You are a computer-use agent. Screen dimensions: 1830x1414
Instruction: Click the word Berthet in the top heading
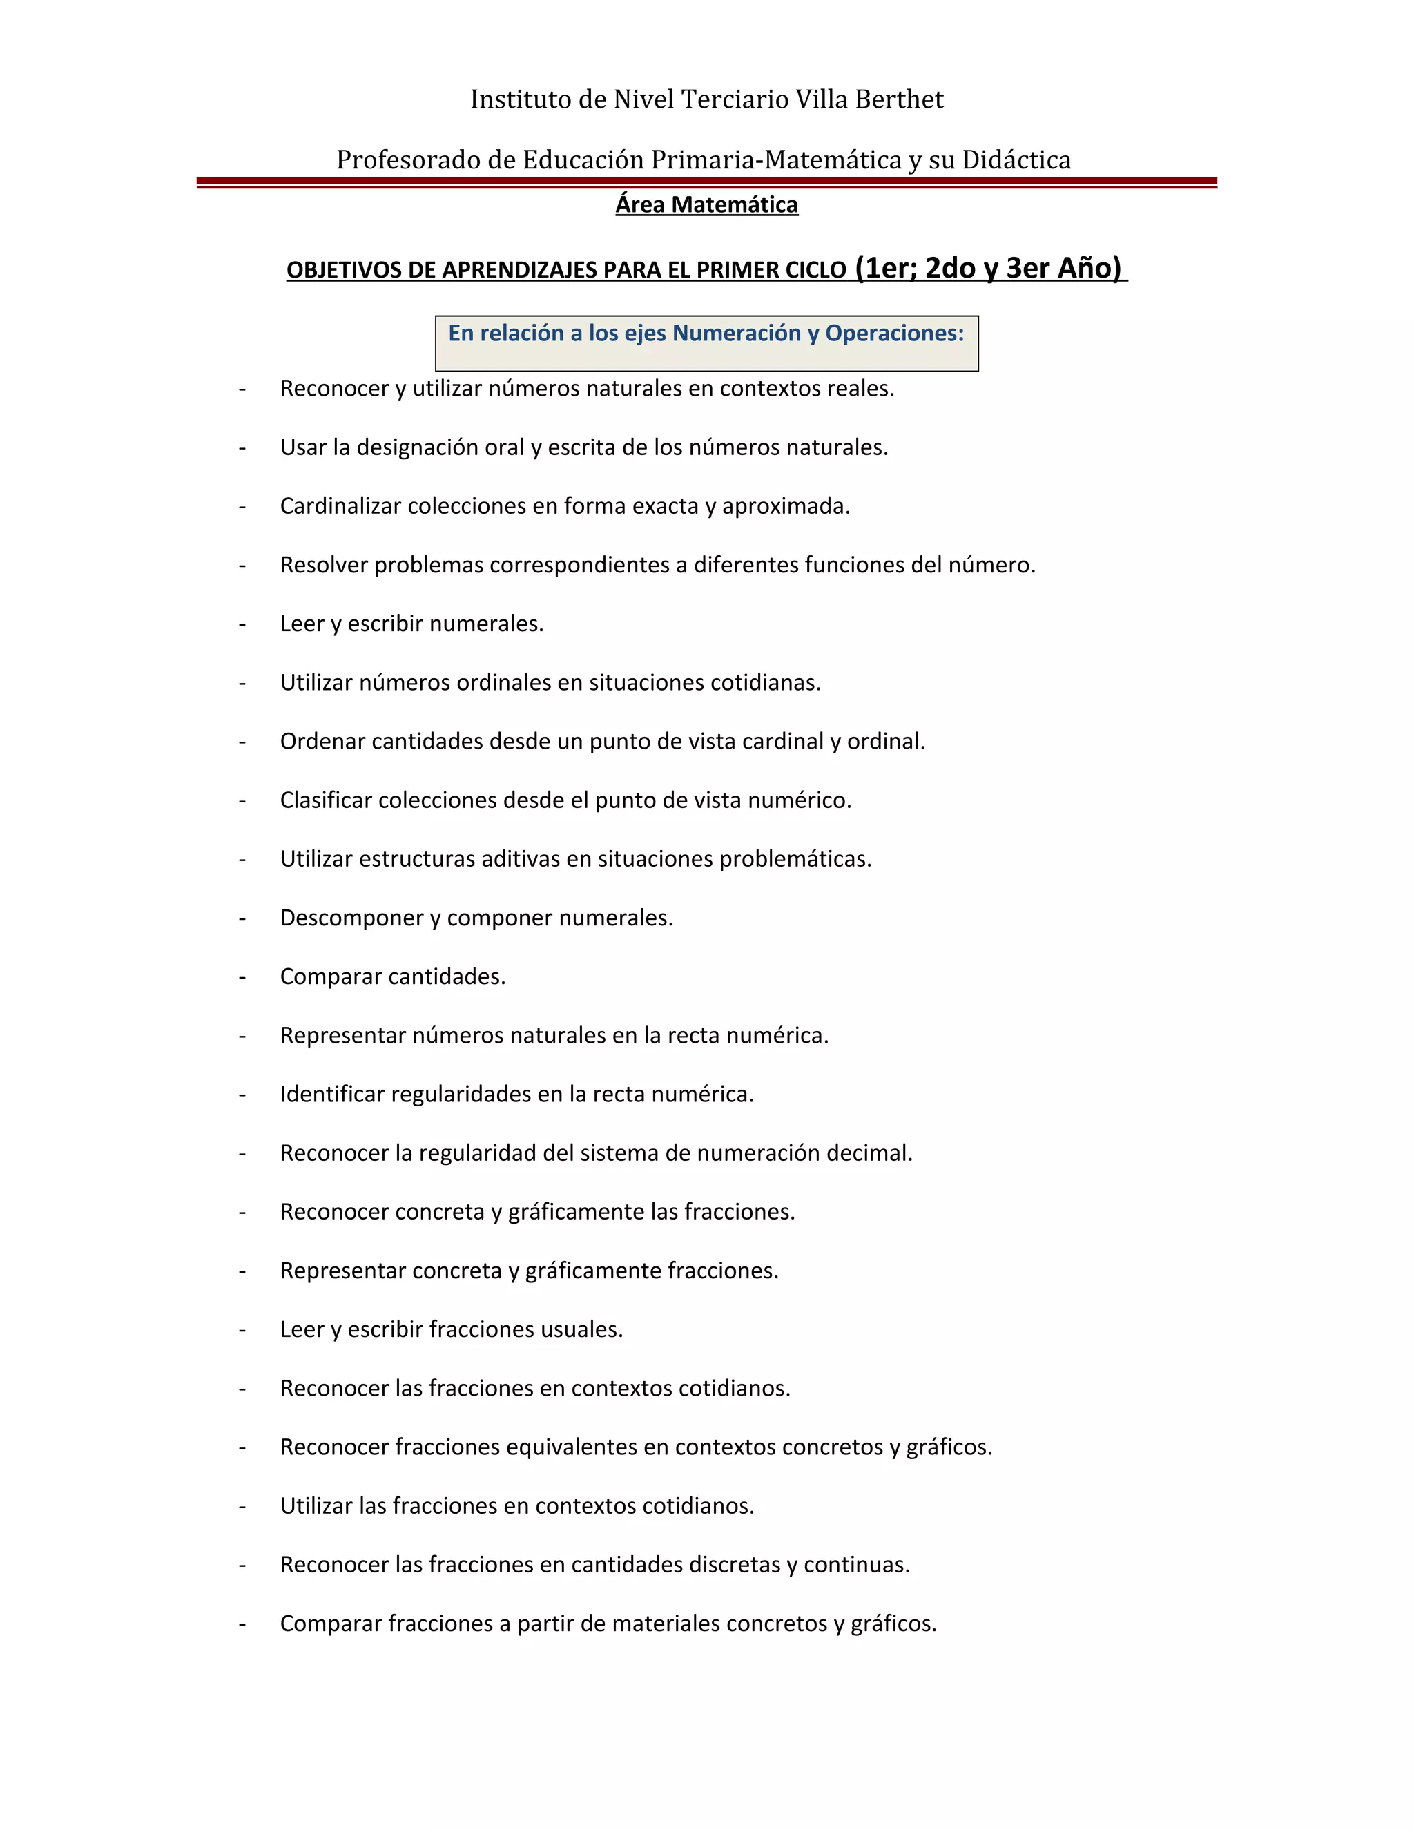tap(899, 99)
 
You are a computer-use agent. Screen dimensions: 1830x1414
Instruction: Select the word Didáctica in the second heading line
tap(1016, 160)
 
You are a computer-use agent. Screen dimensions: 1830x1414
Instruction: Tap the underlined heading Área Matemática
tap(706, 205)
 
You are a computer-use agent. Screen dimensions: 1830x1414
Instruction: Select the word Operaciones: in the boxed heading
tap(895, 334)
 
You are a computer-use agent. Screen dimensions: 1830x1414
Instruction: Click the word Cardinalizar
tap(340, 506)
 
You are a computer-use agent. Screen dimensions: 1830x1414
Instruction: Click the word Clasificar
tap(326, 800)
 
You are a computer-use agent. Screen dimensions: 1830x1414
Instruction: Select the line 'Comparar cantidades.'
tap(393, 977)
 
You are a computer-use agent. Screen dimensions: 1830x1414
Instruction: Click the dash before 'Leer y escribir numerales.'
tap(242, 624)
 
